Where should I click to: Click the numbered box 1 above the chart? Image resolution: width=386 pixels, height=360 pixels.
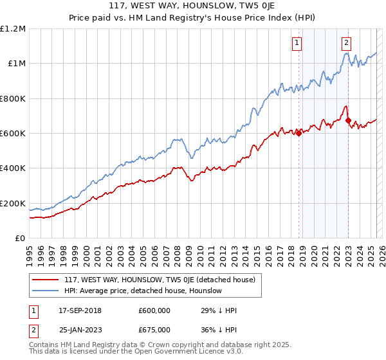point(297,43)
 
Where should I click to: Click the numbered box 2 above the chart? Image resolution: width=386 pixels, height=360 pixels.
point(346,43)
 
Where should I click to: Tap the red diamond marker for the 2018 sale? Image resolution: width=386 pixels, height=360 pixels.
point(299,134)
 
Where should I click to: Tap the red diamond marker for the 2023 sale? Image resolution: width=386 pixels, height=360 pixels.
point(348,120)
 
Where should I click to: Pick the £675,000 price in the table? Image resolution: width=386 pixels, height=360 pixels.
point(154,329)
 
